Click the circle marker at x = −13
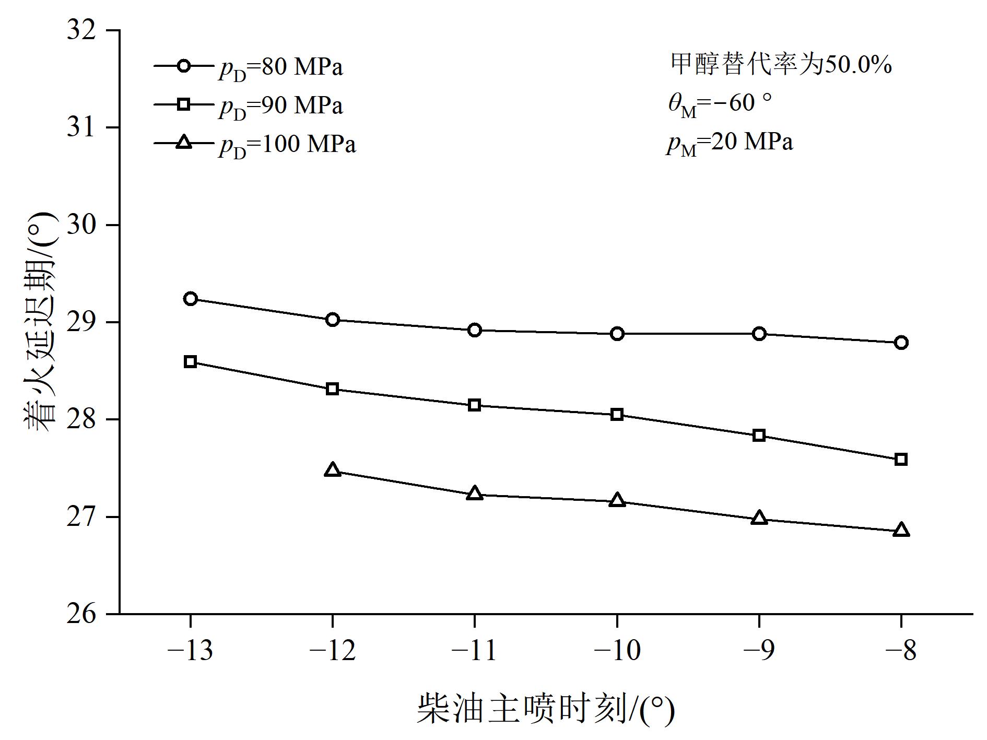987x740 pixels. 190,299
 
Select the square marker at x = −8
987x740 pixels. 901,460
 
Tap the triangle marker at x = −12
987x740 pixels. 333,471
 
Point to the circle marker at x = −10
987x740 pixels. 617,334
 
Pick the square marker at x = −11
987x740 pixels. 474,405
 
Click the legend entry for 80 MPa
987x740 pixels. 248,67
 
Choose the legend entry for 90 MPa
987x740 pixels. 248,105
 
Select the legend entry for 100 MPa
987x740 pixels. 255,144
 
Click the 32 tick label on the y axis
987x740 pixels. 83,30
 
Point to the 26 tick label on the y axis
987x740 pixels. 83,614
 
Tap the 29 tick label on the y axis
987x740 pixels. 83,322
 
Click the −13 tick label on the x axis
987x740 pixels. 190,651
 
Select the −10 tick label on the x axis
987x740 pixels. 617,651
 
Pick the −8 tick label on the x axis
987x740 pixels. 901,651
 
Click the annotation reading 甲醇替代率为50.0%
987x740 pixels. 781,65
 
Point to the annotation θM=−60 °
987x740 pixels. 720,103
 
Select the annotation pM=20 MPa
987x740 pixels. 730,143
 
